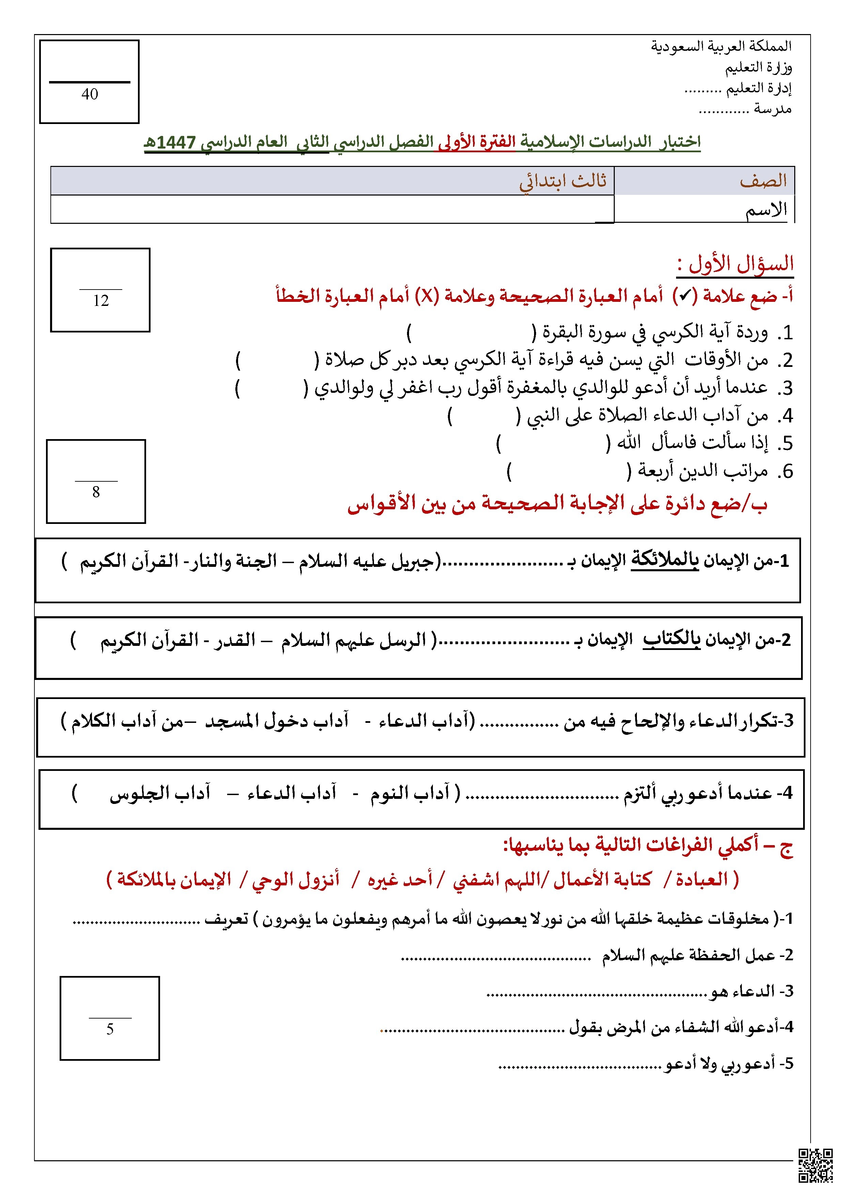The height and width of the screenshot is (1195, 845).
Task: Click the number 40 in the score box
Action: tap(90, 94)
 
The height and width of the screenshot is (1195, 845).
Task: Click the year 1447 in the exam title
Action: tap(176, 142)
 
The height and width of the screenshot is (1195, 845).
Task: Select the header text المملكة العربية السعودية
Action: tap(721, 46)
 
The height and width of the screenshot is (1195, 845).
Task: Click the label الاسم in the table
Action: tap(766, 210)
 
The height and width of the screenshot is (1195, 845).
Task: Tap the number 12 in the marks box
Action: tap(101, 301)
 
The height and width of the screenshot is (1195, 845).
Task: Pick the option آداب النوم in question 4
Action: tap(409, 793)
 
